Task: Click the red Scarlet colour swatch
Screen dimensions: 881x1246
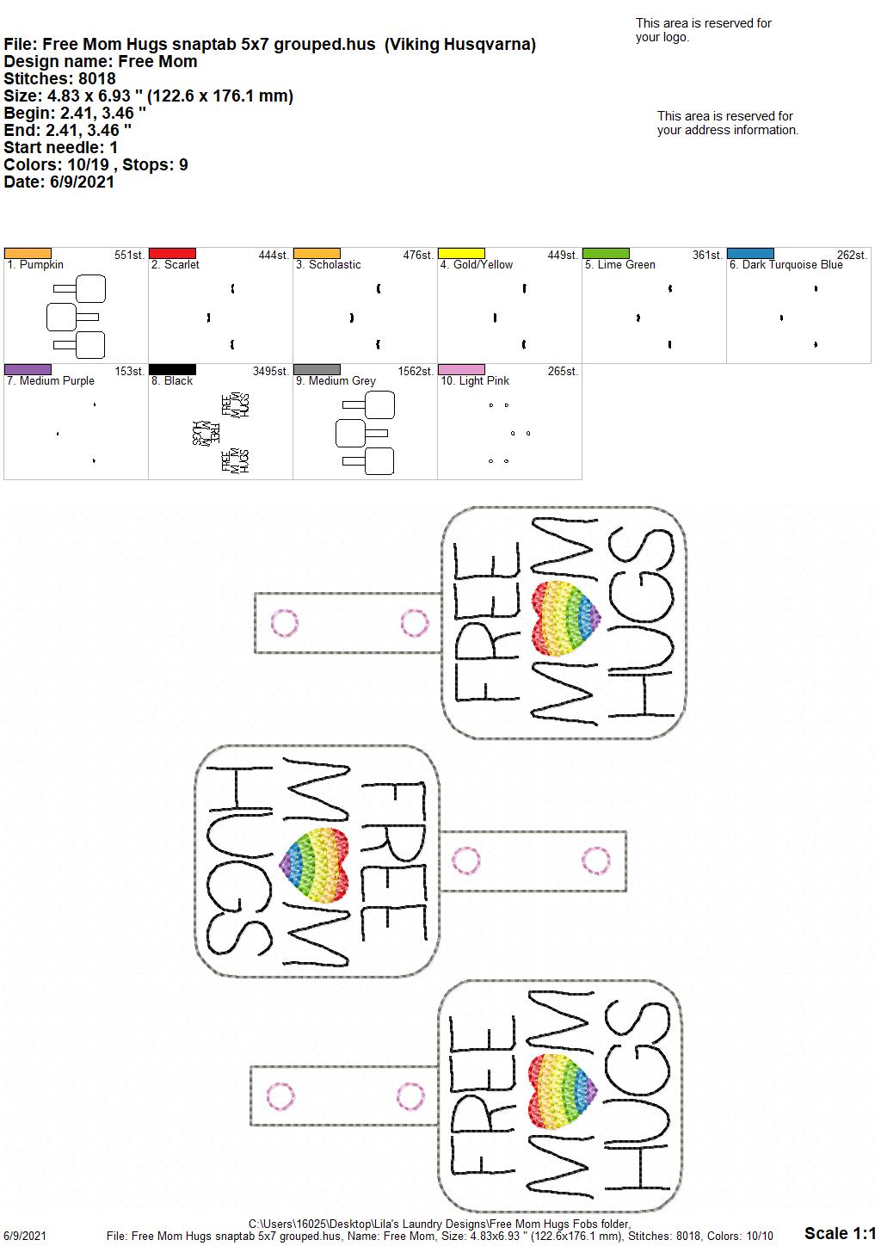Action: click(172, 253)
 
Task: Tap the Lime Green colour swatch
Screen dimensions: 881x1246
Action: click(606, 253)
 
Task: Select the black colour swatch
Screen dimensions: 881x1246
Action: click(172, 369)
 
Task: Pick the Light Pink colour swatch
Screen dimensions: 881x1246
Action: click(461, 369)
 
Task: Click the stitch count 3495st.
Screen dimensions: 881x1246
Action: click(271, 371)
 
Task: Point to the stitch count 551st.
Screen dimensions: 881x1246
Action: click(129, 255)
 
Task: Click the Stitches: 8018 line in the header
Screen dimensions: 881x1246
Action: click(59, 78)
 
